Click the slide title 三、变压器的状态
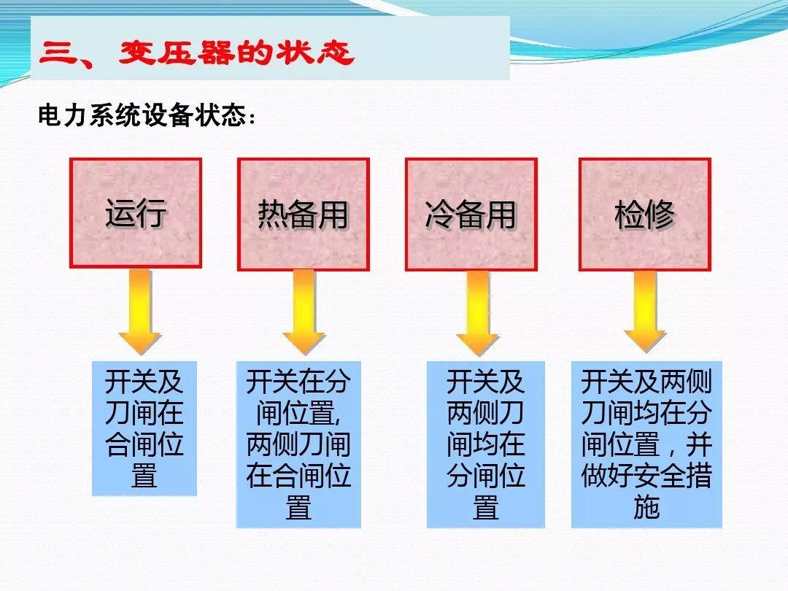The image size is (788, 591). point(197,53)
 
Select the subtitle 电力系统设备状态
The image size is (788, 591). point(147,117)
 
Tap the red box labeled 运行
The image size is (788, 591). point(136,213)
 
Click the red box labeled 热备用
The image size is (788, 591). point(304,213)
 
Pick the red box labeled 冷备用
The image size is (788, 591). point(471,213)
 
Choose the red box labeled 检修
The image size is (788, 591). point(645,213)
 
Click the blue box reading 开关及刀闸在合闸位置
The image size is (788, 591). point(144,428)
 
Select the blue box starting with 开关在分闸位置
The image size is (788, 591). point(298,444)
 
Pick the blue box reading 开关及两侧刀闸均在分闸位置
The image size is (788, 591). point(486,444)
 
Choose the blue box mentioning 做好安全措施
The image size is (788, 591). point(646,444)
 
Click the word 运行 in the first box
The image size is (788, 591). point(136,213)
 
